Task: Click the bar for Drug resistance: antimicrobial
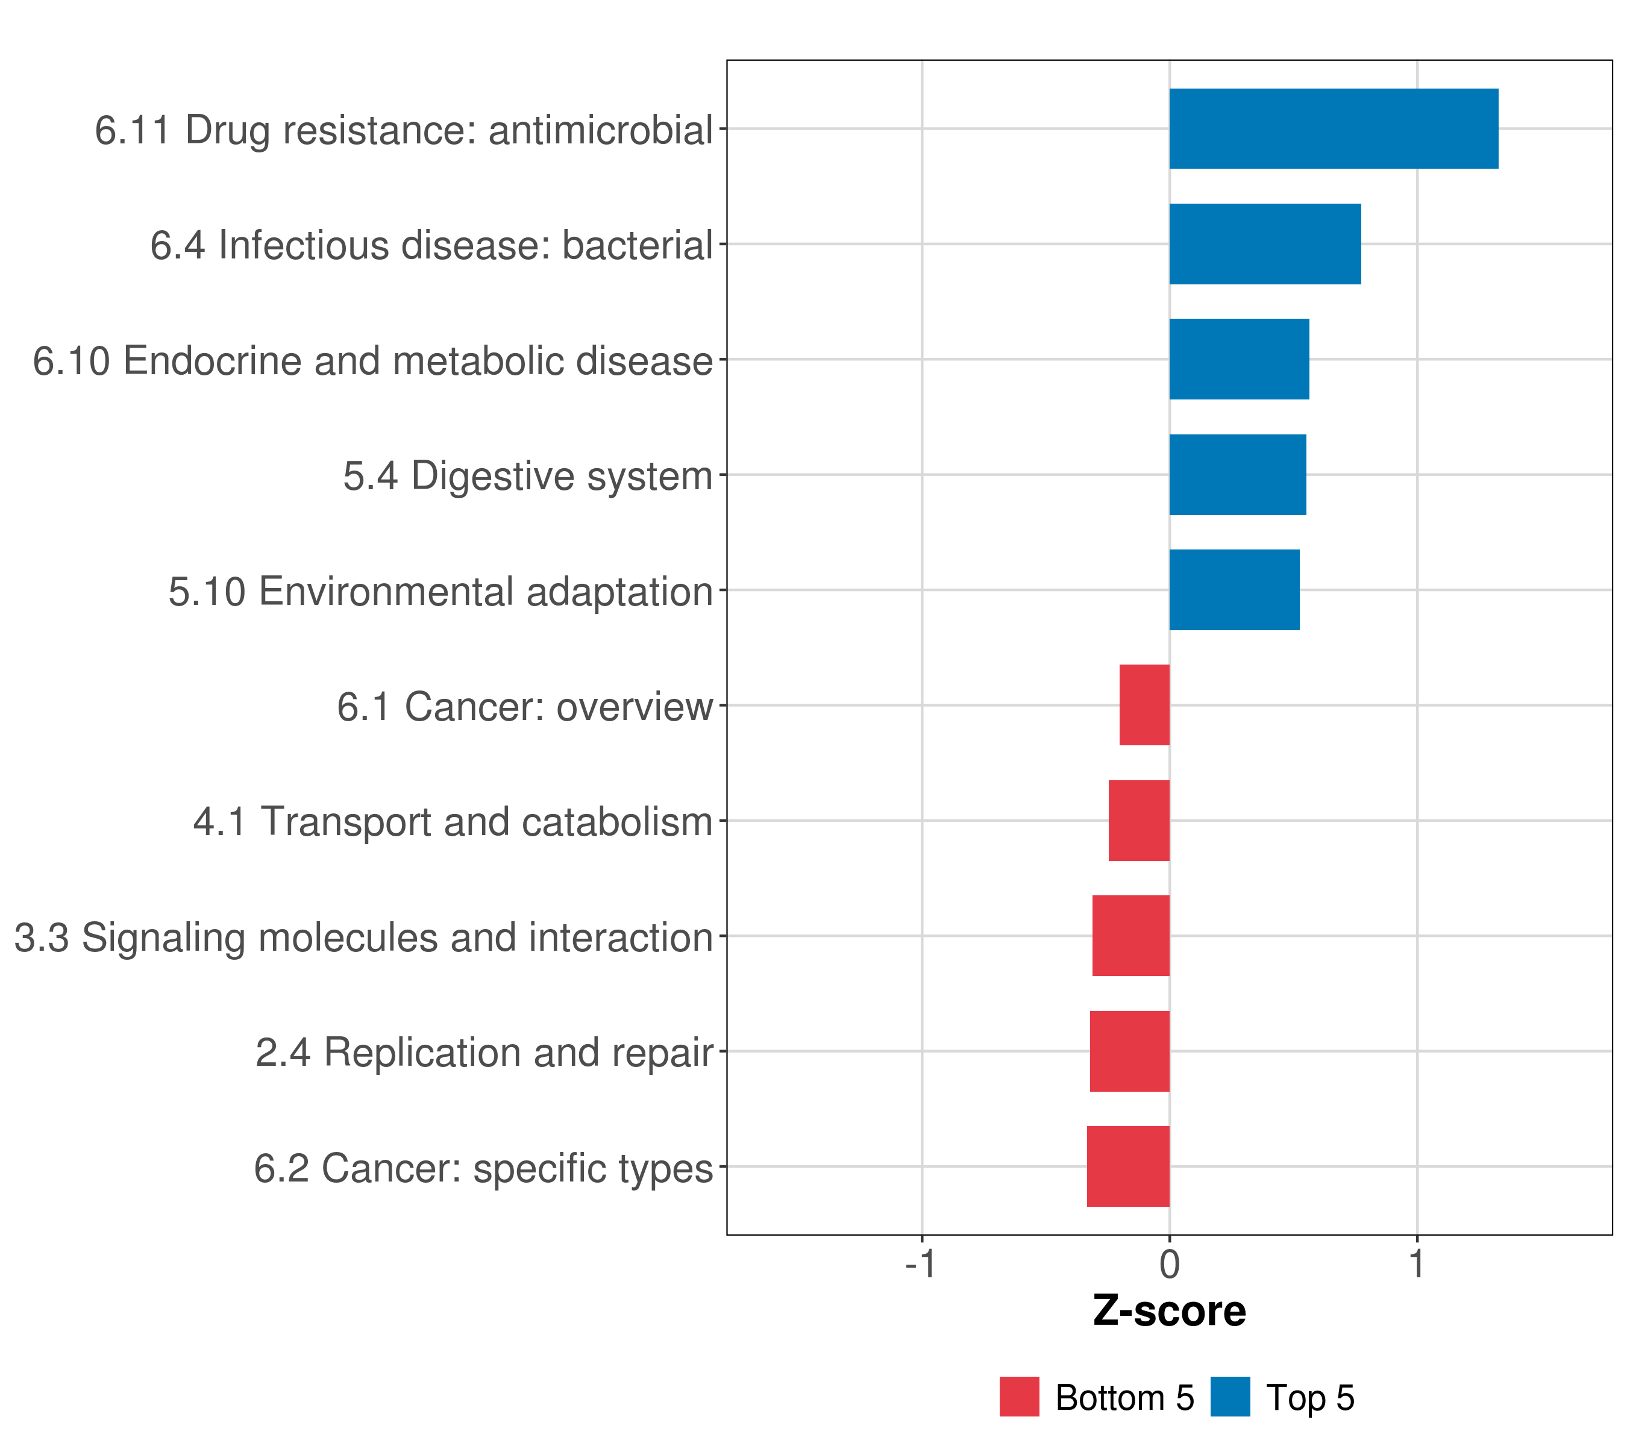click(x=1334, y=129)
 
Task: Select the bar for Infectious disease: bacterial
click(x=1265, y=245)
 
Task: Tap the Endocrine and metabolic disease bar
click(x=1238, y=360)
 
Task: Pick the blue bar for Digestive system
click(x=1237, y=475)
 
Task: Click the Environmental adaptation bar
click(x=1234, y=590)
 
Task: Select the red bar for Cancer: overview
click(x=1145, y=705)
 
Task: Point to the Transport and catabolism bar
click(x=1139, y=821)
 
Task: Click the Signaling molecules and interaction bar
click(x=1131, y=936)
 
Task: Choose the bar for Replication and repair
click(x=1129, y=1051)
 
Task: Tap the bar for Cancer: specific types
click(x=1128, y=1166)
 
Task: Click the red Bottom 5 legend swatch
click(x=1019, y=1397)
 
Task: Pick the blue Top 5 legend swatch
click(x=1230, y=1397)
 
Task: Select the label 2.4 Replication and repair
click(x=484, y=1053)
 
